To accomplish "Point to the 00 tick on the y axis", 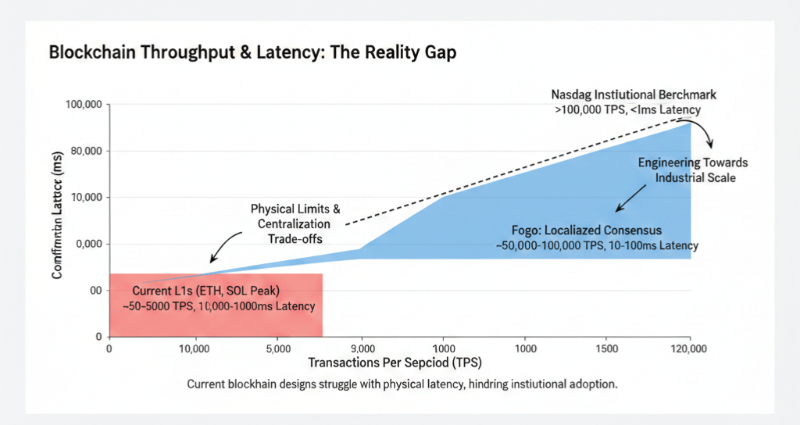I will (x=95, y=290).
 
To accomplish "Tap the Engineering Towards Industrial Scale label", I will (x=692, y=170).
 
